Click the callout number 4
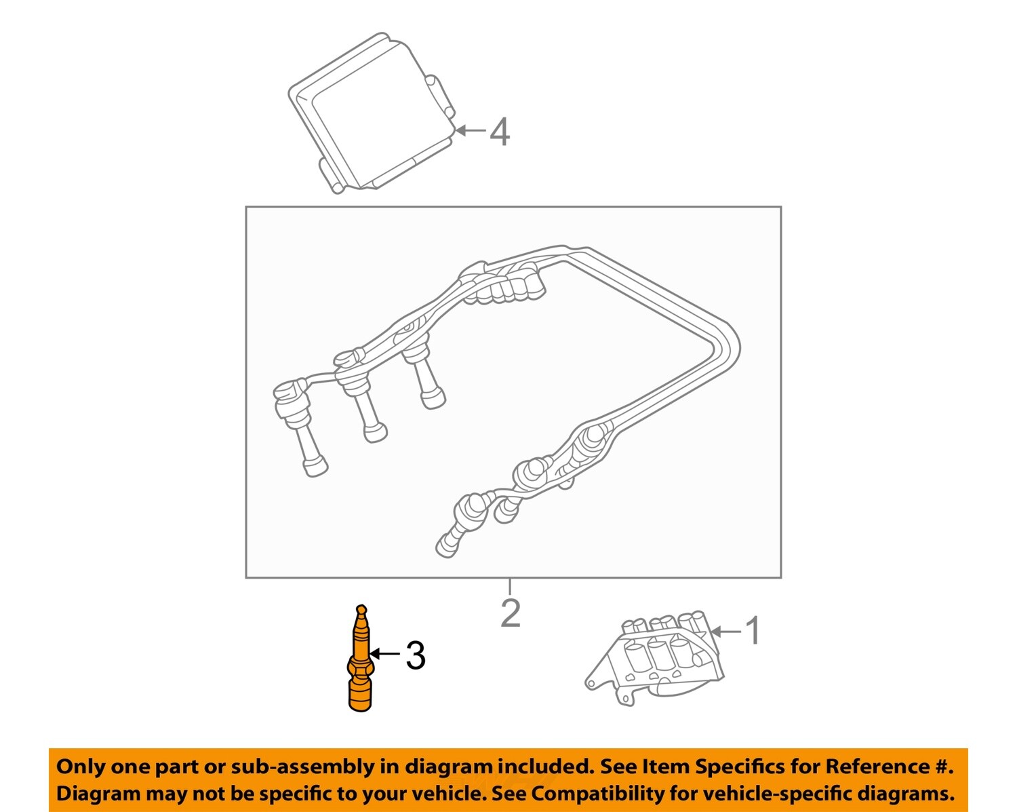click(x=500, y=132)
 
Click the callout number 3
click(x=415, y=656)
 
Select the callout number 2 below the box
click(x=510, y=613)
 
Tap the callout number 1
click(x=753, y=631)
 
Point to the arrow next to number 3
click(x=385, y=654)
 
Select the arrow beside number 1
click(x=725, y=632)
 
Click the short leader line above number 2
click(x=510, y=585)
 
